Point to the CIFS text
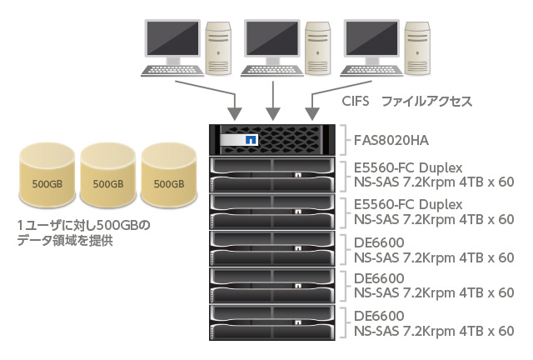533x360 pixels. [x=356, y=102]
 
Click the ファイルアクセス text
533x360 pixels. [x=426, y=102]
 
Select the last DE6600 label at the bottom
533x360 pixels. [x=379, y=316]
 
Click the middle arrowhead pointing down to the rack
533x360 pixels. [x=271, y=112]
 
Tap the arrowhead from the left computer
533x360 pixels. [x=236, y=112]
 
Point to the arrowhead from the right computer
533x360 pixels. [x=311, y=112]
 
